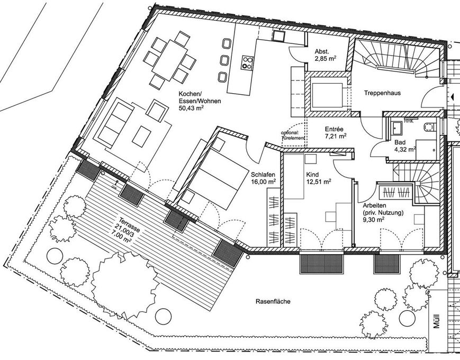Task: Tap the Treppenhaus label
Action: point(382,93)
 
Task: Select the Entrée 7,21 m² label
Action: point(335,132)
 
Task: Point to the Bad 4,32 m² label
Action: point(404,146)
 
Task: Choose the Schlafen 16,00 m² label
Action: point(263,176)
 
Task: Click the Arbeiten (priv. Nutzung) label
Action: point(383,209)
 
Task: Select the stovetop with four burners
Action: point(247,62)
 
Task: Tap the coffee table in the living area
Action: point(141,136)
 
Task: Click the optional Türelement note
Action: point(294,134)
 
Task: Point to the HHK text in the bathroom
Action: point(408,121)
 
